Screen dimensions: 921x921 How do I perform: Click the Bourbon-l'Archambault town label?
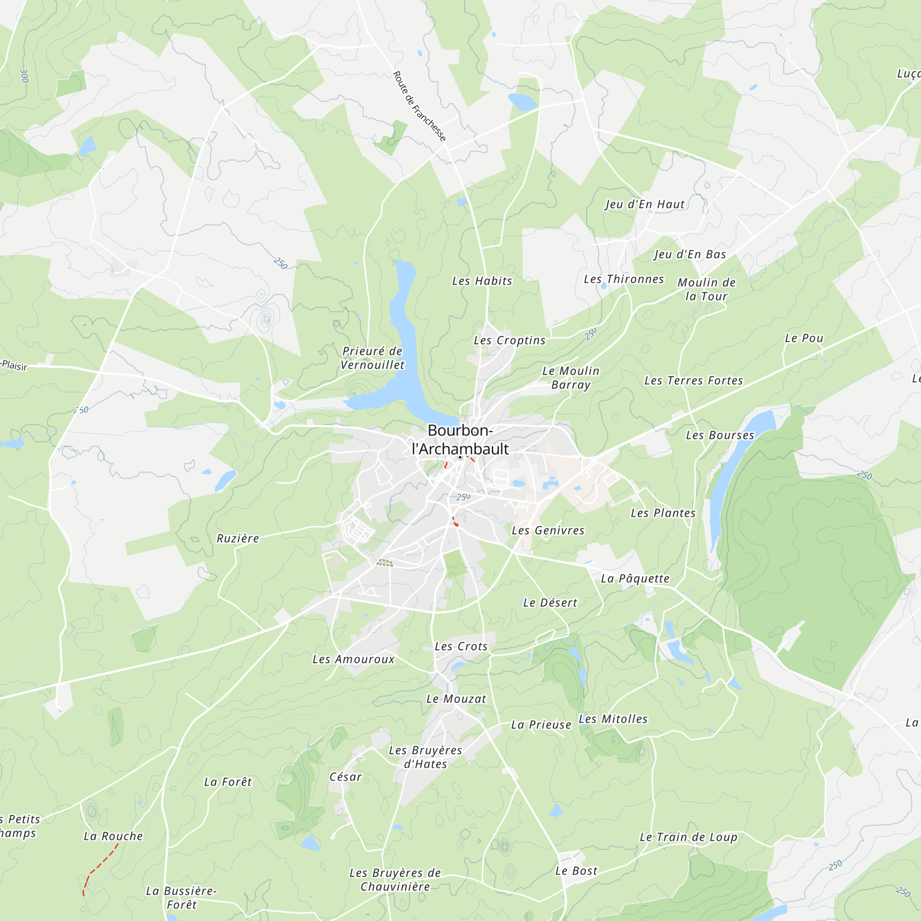[460, 439]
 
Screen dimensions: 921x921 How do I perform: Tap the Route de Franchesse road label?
[419, 106]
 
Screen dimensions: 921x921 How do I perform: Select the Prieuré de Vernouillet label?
[372, 358]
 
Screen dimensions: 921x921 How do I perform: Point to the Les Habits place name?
[482, 281]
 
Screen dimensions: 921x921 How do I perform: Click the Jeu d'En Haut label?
[645, 204]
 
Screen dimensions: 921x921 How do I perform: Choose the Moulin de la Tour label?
[706, 289]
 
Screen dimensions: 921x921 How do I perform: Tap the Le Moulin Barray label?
[571, 378]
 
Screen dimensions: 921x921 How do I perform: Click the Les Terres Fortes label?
[694, 381]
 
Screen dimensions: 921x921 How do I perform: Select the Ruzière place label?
[238, 539]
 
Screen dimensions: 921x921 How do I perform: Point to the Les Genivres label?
[548, 530]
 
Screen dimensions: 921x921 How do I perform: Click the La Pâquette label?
[635, 579]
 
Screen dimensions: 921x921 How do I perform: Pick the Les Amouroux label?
[353, 659]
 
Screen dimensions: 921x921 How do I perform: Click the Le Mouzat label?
[456, 699]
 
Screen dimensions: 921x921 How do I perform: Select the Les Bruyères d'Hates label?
[425, 757]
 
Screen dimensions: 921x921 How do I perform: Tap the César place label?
[346, 777]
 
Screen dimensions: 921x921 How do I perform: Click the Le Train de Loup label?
[688, 837]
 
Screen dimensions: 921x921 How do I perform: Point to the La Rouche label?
[113, 836]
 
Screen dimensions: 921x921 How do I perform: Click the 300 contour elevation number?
[24, 76]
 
